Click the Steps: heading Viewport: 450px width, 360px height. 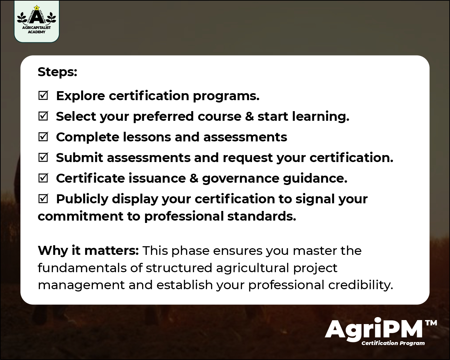[x=57, y=72]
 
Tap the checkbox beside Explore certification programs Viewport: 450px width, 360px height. [x=43, y=96]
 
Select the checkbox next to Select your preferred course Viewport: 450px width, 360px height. [x=43, y=116]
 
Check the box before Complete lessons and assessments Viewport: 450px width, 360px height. [x=43, y=137]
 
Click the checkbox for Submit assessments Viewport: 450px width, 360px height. [x=43, y=158]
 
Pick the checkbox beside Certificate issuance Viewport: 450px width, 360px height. [x=43, y=178]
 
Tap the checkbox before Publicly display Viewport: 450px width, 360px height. [x=43, y=199]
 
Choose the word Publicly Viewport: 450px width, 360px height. [x=82, y=199]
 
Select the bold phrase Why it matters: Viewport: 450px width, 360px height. [x=88, y=251]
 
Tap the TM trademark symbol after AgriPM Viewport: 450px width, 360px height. [x=431, y=323]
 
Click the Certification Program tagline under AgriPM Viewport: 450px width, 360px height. [x=393, y=343]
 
